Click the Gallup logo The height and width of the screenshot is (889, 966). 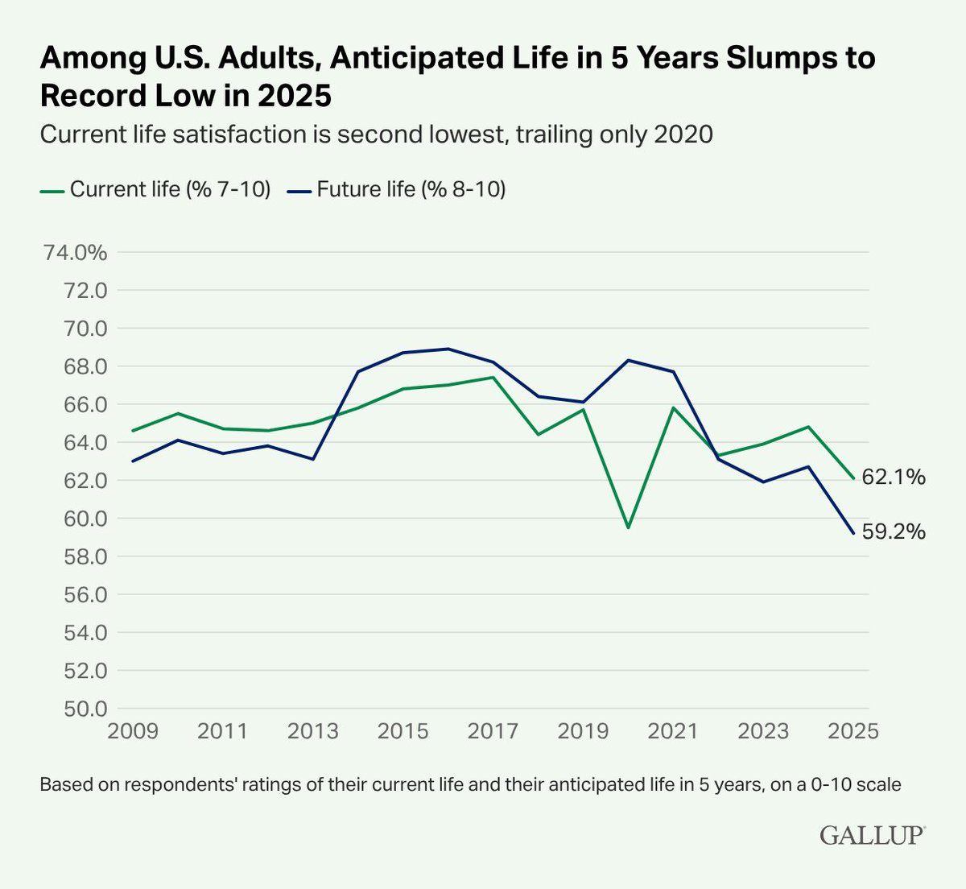pos(873,835)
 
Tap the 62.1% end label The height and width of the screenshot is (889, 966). pos(894,478)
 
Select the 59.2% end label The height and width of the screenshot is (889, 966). pos(894,531)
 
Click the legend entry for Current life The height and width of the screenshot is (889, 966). pos(155,189)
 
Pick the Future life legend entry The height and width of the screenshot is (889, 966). pos(397,189)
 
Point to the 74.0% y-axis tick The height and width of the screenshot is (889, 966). pos(75,253)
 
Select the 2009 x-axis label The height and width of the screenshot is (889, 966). pos(132,731)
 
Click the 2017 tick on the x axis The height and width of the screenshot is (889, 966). pos(493,731)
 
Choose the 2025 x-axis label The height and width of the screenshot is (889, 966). pos(853,731)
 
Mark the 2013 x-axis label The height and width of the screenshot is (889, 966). pos(312,731)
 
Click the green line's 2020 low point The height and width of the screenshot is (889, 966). pos(628,527)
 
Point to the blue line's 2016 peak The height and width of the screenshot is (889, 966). pos(448,349)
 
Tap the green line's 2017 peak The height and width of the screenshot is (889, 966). pos(493,377)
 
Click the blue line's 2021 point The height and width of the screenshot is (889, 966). pos(673,371)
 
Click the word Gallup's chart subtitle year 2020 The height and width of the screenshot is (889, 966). pos(683,134)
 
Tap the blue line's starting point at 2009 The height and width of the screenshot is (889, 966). pos(132,461)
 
